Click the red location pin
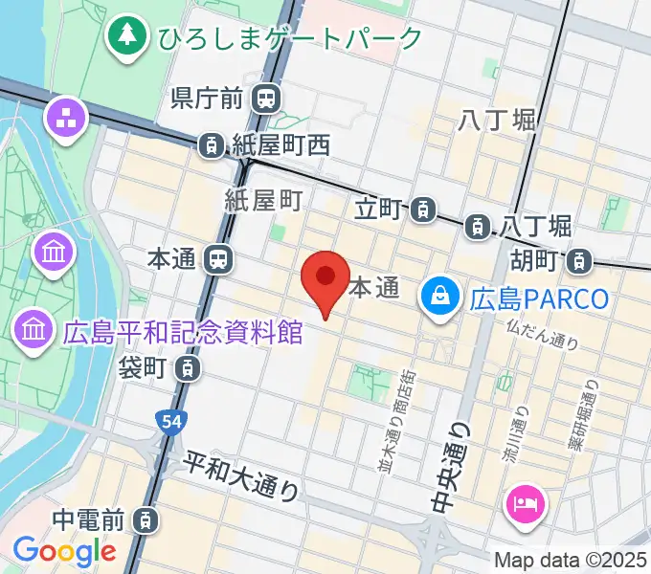tap(325, 279)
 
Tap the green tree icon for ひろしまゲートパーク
tap(125, 37)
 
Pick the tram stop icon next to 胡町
tap(578, 259)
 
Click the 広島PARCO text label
tap(539, 298)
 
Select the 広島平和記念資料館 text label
tap(183, 332)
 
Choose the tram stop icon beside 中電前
tap(144, 520)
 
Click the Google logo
tap(64, 550)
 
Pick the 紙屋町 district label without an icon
tap(263, 200)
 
